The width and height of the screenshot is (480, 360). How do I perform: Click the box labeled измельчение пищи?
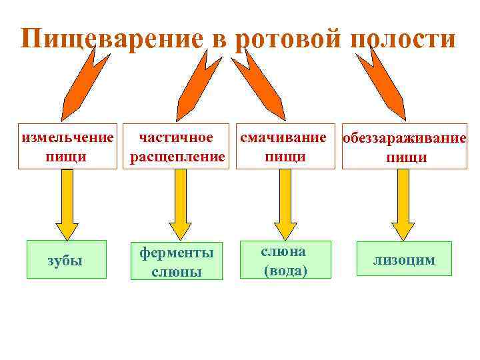click(x=66, y=147)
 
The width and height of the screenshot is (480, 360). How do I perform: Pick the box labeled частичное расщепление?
click(x=177, y=147)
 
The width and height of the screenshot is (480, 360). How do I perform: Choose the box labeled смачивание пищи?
click(x=285, y=147)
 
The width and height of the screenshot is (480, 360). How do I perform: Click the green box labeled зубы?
click(x=66, y=259)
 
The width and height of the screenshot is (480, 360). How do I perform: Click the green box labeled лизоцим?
click(x=404, y=259)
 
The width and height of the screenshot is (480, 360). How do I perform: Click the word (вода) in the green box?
click(x=285, y=270)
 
